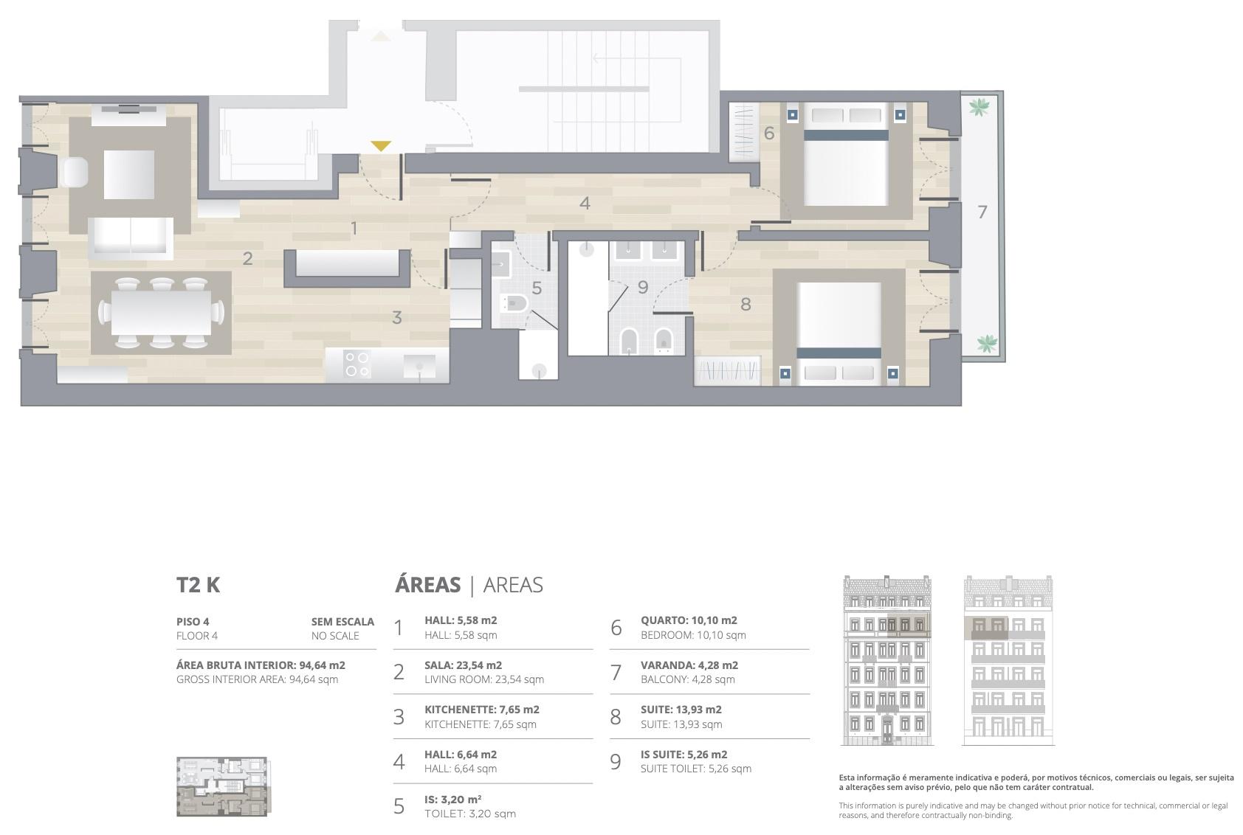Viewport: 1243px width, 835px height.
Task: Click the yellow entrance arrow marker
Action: (381, 146)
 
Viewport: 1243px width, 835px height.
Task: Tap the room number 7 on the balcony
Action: (982, 212)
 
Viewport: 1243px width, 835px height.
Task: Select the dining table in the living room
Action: (161, 313)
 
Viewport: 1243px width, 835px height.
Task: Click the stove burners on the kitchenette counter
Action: (357, 364)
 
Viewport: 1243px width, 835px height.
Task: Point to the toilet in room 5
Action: (515, 303)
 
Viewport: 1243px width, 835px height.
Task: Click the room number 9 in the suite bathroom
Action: (643, 287)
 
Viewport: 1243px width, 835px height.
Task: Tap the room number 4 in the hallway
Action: (585, 204)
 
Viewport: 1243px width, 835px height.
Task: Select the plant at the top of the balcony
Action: (979, 106)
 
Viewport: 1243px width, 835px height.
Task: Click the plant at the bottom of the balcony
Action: (987, 343)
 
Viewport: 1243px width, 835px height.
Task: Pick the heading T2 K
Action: (198, 585)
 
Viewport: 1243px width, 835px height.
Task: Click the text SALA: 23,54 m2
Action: (464, 665)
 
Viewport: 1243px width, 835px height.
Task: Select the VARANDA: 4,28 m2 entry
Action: (689, 665)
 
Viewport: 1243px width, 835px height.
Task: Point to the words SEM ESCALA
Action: (343, 622)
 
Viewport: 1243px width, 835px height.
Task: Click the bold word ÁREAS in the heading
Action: (428, 584)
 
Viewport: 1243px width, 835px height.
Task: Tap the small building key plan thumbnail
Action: (222, 787)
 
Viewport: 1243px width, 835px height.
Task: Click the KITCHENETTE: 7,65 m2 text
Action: (482, 709)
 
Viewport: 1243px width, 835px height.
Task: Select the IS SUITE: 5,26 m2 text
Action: (684, 754)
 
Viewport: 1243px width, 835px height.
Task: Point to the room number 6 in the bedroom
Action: (768, 133)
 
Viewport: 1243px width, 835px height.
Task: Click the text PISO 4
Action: (193, 622)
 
